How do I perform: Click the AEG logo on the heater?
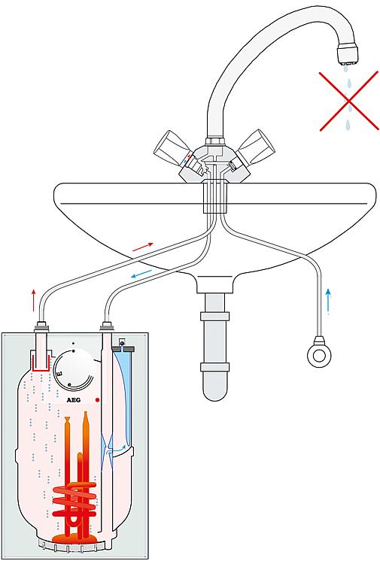click(x=74, y=400)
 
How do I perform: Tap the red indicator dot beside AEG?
click(x=97, y=399)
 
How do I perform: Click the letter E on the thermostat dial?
click(x=59, y=374)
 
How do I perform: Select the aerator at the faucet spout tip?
click(x=348, y=55)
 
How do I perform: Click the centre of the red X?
click(x=348, y=101)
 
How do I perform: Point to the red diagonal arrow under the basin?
click(x=143, y=247)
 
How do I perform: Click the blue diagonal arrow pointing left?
click(x=141, y=274)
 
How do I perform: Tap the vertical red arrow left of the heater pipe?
click(x=34, y=300)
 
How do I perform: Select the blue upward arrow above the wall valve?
click(x=328, y=301)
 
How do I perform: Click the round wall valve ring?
click(x=319, y=356)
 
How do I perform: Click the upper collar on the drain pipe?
click(x=214, y=317)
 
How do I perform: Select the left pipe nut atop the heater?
click(x=41, y=327)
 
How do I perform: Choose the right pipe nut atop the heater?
click(x=107, y=327)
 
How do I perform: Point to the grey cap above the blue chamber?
click(x=123, y=348)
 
